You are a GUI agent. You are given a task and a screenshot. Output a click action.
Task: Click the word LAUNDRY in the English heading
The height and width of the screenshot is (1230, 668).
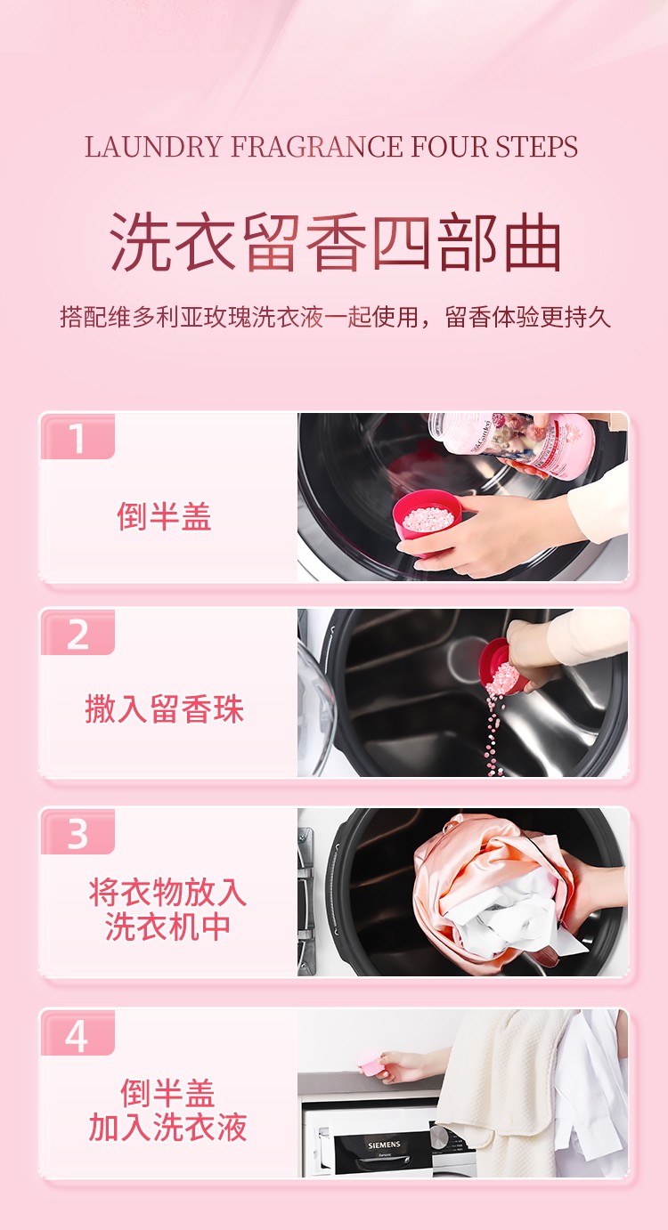pos(154,147)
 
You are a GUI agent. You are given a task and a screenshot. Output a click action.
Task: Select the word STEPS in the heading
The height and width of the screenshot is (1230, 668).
pos(537,147)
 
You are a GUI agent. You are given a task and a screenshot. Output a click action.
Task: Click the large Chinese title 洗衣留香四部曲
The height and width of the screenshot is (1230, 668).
pos(335,242)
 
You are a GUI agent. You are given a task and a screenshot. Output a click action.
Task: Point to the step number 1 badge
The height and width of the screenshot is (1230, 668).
pos(77,438)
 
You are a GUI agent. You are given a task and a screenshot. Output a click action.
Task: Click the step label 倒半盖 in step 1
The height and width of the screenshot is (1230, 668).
pos(164,517)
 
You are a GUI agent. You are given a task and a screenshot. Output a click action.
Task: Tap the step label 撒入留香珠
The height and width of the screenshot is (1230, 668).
pos(164,709)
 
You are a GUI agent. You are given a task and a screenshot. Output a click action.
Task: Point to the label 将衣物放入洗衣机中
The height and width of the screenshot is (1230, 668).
pos(167,909)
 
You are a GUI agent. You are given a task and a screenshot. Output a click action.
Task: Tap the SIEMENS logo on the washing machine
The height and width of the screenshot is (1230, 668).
pos(384,1145)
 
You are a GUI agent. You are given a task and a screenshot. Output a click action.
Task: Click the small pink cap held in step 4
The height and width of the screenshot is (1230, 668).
pos(367,1064)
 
